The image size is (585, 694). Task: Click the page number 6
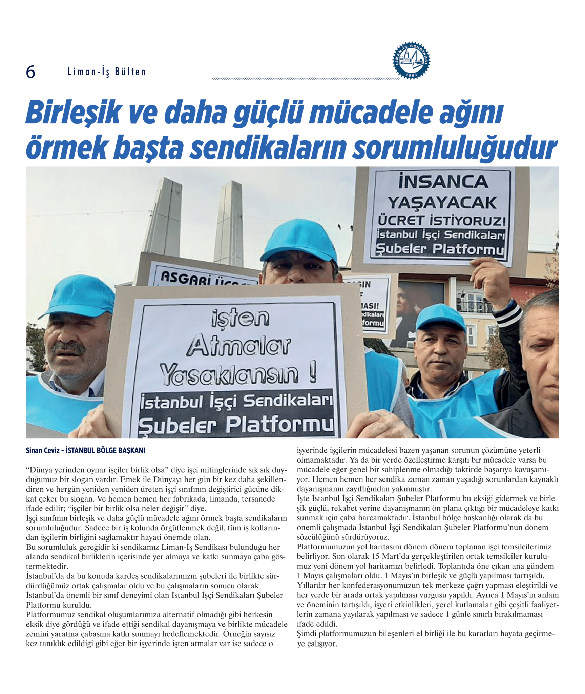[30, 72]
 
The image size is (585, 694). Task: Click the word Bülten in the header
[130, 72]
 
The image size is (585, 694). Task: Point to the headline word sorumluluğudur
[455, 148]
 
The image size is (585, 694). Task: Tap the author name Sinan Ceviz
[42, 450]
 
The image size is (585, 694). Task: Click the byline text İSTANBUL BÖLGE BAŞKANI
[105, 450]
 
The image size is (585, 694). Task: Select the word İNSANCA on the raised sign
[443, 182]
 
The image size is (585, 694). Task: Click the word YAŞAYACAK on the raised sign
[442, 203]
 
